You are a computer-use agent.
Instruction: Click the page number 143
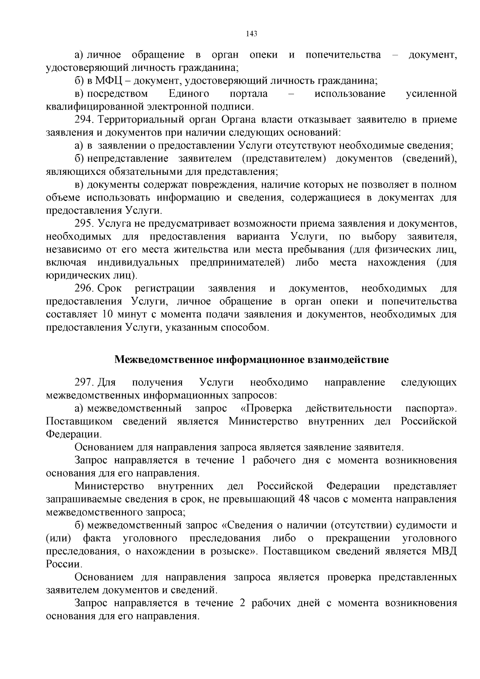[251, 34]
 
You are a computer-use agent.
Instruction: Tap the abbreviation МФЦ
[108, 81]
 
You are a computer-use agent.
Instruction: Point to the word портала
[248, 94]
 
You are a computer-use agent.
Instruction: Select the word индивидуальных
[138, 263]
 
